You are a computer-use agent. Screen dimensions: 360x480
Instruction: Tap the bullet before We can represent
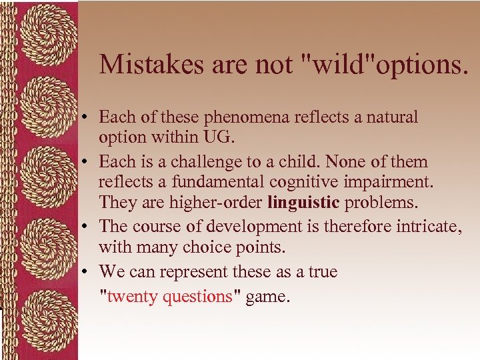pyautogui.click(x=87, y=273)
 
